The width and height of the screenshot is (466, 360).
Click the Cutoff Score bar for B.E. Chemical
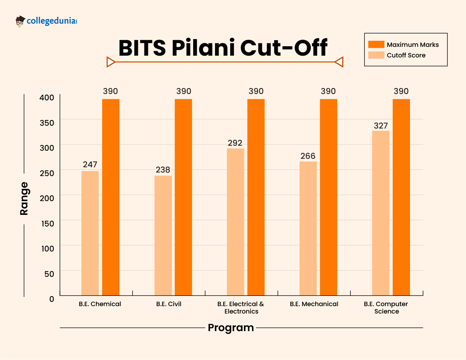pos(90,233)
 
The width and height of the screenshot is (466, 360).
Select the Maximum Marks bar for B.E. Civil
pos(183,197)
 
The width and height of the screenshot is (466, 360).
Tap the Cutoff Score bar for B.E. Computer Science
pos(381,213)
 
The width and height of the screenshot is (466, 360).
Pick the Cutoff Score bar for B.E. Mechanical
pos(308,228)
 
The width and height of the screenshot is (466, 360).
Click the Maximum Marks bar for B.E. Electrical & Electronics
pos(256,197)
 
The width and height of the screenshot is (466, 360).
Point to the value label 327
pos(381,126)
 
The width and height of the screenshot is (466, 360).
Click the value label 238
pos(163,170)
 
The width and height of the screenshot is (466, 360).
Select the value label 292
pos(235,143)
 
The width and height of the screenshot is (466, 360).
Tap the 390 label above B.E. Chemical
pos(110,91)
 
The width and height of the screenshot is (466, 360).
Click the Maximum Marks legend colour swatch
pos(376,44)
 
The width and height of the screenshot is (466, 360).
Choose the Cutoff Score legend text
pos(406,55)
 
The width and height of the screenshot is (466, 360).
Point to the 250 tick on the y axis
pos(47,173)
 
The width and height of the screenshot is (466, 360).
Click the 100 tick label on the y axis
pos(48,249)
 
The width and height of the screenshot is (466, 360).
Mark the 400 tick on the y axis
pos(47,98)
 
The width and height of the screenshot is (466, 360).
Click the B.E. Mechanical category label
pos(314,304)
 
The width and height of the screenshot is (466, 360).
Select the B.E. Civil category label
pos(168,304)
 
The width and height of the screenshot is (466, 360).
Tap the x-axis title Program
pos(231,328)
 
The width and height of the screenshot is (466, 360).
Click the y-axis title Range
pos(24,198)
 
